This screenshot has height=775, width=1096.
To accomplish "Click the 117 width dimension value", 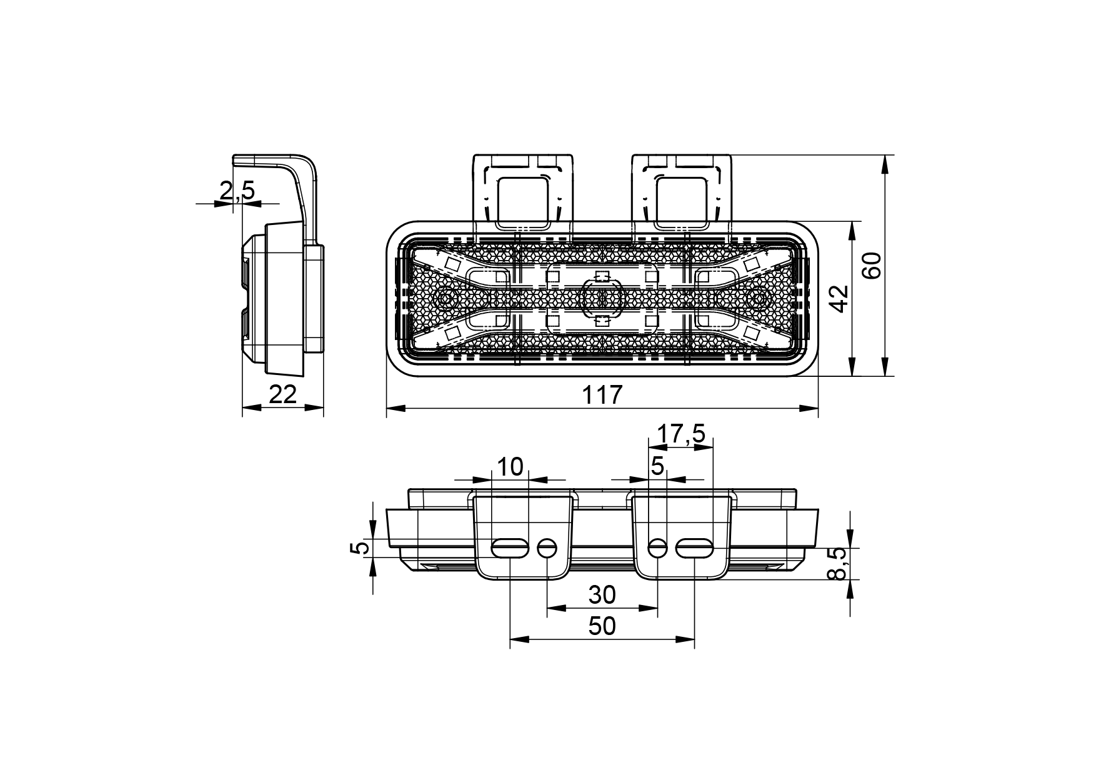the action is (x=602, y=394).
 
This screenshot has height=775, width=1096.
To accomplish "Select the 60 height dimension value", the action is (x=872, y=265).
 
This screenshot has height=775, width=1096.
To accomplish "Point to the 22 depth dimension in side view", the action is (x=282, y=394).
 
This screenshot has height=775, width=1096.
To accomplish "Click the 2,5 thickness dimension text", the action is (x=237, y=190).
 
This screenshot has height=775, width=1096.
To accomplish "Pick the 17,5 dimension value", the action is (x=681, y=433).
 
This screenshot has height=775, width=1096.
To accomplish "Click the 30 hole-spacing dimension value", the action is (x=602, y=594).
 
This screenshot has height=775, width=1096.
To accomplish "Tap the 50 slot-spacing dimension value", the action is (x=602, y=626).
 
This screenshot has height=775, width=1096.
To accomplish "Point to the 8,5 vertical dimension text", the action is (x=837, y=564).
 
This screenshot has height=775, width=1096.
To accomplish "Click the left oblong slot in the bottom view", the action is (x=510, y=549).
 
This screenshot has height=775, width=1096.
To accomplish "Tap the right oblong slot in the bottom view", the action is (x=694, y=549).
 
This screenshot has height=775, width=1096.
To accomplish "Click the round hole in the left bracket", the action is (x=547, y=549).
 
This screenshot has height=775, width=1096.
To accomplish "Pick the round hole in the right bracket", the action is (x=657, y=549).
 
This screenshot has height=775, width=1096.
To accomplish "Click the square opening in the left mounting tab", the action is (x=523, y=201).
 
